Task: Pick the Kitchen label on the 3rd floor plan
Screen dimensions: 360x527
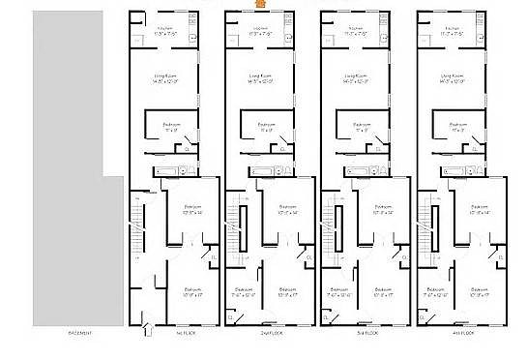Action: tap(357, 29)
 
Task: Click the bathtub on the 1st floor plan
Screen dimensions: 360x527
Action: tap(166, 171)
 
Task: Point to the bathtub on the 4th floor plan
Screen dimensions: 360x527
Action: tap(454, 171)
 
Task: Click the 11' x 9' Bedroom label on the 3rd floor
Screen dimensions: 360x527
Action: tap(361, 126)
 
